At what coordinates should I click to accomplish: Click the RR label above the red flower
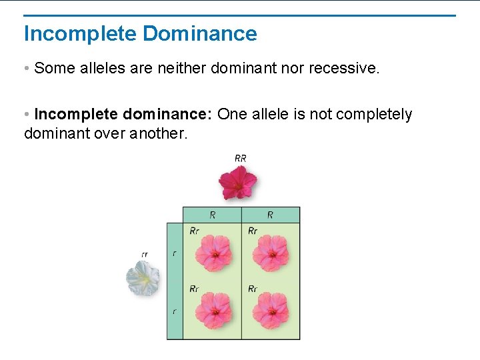coord(241,158)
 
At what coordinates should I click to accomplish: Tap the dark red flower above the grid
coord(239,182)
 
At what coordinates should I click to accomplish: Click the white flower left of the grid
coord(143,278)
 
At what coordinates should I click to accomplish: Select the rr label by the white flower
coord(145,254)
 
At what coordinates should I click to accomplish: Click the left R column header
coord(212,215)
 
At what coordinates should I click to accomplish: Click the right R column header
coord(270,215)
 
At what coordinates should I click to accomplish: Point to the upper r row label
coord(175,253)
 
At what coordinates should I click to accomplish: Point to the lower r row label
coord(175,311)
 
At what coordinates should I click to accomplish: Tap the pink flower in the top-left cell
coord(213,253)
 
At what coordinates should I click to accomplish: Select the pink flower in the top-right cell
coord(271,253)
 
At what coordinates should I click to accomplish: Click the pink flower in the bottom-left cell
coord(213,311)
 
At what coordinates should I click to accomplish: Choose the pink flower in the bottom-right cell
coord(271,311)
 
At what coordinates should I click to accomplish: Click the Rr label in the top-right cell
coord(253,231)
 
